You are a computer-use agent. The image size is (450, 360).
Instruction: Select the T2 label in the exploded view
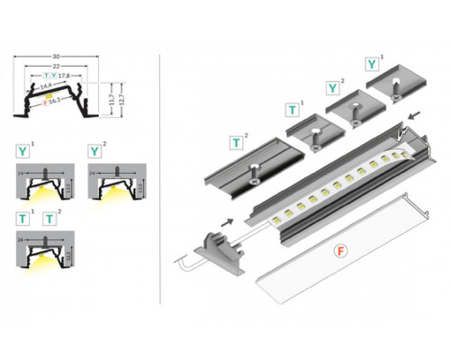point(237,141)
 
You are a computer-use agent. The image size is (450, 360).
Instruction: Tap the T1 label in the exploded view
point(292,110)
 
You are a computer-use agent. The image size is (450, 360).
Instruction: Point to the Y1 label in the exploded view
point(372,64)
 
